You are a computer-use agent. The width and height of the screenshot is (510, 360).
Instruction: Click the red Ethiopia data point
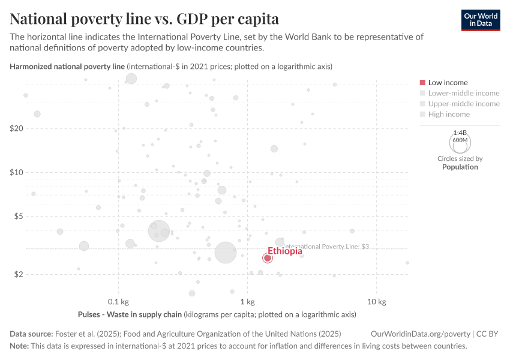point(268,258)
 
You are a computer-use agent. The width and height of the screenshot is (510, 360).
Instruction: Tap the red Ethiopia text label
point(285,251)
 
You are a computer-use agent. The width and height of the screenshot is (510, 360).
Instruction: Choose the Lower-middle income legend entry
point(463,93)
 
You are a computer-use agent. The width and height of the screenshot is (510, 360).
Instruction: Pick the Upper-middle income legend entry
point(463,104)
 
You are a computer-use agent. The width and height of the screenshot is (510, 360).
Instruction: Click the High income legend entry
point(449,114)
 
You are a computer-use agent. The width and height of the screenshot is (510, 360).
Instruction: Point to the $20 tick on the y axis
point(16,128)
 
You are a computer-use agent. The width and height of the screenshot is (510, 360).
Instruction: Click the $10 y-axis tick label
point(16,172)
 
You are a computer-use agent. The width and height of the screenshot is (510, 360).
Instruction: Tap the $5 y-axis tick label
point(18,216)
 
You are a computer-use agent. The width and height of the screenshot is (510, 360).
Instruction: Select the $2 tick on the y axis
point(18,274)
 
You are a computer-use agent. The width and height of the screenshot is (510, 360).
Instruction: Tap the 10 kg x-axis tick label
point(376,301)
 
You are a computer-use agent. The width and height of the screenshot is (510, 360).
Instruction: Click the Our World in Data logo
point(481,19)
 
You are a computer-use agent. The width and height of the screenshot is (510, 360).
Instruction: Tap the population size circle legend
point(460,142)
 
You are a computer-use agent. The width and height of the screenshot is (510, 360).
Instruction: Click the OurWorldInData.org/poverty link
point(421,334)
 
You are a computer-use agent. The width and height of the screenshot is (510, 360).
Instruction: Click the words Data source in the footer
point(31,334)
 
